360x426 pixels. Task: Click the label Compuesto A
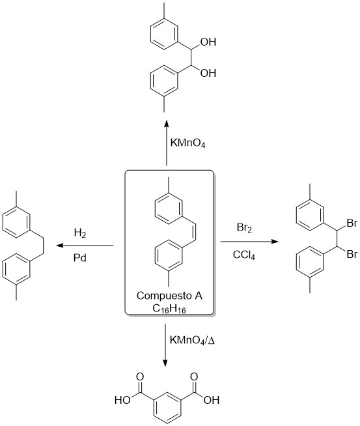point(169,296)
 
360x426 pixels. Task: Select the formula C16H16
point(169,309)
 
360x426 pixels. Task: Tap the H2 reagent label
point(80,233)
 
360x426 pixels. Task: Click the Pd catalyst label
point(80,257)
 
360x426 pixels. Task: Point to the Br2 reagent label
point(244,228)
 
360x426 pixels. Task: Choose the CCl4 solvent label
point(244,255)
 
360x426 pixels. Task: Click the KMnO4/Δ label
point(192,341)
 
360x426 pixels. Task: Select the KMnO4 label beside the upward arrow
point(187,143)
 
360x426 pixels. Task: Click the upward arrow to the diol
point(167,143)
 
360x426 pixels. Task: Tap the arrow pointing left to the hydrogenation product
point(85,246)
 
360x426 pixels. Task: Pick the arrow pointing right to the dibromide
point(249,241)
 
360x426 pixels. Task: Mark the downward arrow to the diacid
point(165,345)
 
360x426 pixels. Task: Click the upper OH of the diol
point(208,42)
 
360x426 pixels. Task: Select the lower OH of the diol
point(208,73)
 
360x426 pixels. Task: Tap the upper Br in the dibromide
point(352,223)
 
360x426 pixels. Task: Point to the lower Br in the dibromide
point(352,254)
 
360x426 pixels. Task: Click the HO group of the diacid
point(123,400)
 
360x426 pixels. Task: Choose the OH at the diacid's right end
point(211,400)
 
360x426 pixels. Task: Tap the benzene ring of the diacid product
point(154,408)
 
